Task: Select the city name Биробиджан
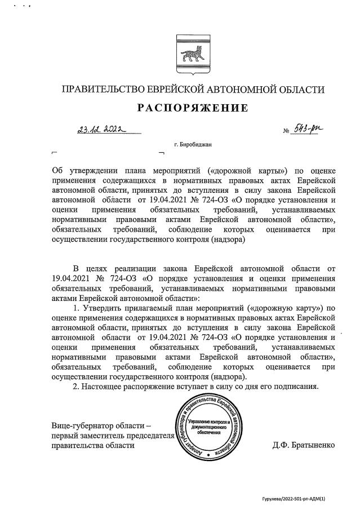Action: pos(197,145)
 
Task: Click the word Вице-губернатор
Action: pos(83,425)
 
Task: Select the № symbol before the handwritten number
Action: pos(286,131)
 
